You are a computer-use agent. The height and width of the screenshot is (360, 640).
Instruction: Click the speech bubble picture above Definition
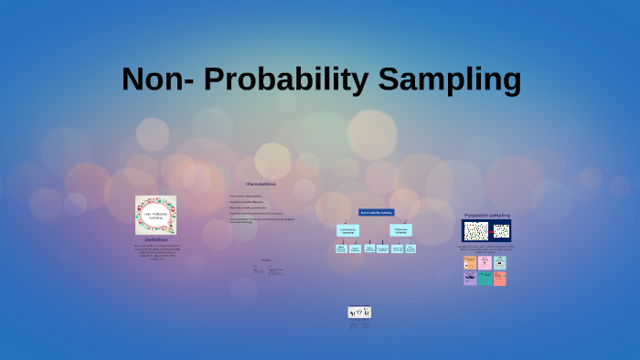coord(155,215)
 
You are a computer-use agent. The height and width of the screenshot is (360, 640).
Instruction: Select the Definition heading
coord(155,239)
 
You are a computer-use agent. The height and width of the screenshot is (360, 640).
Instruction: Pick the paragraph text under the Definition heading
coord(155,252)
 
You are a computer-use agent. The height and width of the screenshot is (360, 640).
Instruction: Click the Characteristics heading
coord(261,184)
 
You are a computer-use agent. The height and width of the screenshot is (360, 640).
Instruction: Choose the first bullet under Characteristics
coord(247,196)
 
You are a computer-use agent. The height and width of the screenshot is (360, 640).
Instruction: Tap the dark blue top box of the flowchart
coord(376,212)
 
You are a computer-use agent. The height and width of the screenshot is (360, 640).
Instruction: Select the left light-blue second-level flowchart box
coord(347,230)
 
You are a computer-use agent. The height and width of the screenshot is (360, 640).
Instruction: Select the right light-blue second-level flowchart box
coord(401,230)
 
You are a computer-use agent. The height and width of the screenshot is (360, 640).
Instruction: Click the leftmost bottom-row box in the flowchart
coord(341,249)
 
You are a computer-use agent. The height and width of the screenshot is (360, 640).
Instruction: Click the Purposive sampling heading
coord(486,215)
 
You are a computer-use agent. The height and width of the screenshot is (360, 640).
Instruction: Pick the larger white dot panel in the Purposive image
coord(475,230)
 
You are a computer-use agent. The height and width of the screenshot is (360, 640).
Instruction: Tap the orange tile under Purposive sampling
coord(470,262)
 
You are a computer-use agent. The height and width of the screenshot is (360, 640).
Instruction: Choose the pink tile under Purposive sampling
coord(485,262)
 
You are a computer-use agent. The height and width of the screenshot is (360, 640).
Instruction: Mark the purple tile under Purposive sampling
coord(470,278)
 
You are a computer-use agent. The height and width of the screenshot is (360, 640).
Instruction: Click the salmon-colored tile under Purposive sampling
coord(500,278)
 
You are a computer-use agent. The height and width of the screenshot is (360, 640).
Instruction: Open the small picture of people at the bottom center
coord(359,312)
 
